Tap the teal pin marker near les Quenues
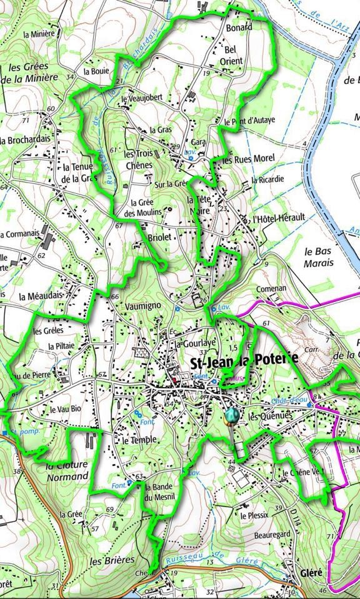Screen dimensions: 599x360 coord(232,415)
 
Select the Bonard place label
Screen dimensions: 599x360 coord(239,27)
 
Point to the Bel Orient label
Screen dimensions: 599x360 coord(231,55)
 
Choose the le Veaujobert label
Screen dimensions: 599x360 coord(142,98)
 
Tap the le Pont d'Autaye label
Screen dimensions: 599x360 coord(249,121)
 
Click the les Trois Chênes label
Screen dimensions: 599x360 coord(138,159)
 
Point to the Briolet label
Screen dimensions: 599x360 coord(160,238)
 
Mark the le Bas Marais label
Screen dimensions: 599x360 coord(317,257)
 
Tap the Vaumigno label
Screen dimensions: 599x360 coord(143,305)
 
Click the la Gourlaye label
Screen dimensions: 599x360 coord(194,343)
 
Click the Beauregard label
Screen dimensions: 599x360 coord(254,535)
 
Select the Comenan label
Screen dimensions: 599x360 coord(271,289)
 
